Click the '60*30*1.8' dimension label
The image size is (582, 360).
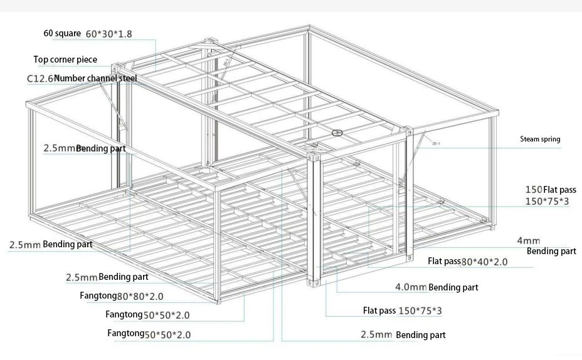pyautogui.click(x=108, y=34)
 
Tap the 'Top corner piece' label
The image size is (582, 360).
pyautogui.click(x=65, y=59)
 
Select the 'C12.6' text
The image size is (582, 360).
pyautogui.click(x=41, y=78)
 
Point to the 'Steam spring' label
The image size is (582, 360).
pyautogui.click(x=540, y=139)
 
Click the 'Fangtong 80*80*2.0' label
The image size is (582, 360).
pyautogui.click(x=122, y=296)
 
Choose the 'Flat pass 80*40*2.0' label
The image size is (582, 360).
pyautogui.click(x=467, y=262)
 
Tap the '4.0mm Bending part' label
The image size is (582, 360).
pyautogui.click(x=437, y=287)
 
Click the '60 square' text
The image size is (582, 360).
pyautogui.click(x=62, y=33)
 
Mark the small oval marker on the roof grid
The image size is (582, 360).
pyautogui.click(x=337, y=133)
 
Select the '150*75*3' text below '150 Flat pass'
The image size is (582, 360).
pyautogui.click(x=547, y=202)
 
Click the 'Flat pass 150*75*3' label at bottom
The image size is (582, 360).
pyautogui.click(x=403, y=311)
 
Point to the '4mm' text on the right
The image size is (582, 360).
pyautogui.click(x=529, y=241)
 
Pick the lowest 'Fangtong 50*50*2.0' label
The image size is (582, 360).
pyautogui.click(x=149, y=334)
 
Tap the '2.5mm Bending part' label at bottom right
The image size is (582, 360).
pyautogui.click(x=403, y=335)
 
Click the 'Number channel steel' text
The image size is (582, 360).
pyautogui.click(x=96, y=78)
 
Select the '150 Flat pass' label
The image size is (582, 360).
pyautogui.click(x=551, y=190)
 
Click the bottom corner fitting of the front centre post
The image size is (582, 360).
pyautogui.click(x=314, y=282)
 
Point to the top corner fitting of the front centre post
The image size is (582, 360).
pyautogui.click(x=314, y=157)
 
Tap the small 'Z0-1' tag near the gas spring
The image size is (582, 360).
pyautogui.click(x=436, y=143)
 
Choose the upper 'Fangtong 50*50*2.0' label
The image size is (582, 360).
pyautogui.click(x=147, y=315)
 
